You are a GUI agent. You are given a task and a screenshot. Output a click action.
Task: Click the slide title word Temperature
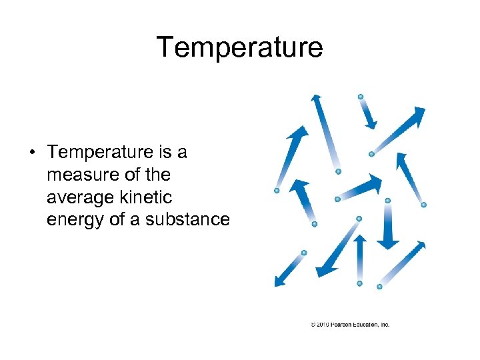[x=240, y=47]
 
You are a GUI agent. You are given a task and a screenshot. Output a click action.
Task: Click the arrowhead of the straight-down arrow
[x=388, y=242]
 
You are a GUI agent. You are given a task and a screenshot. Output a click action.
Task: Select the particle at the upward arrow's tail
[x=359, y=283]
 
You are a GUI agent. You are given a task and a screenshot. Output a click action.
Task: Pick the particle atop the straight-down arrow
[x=388, y=200]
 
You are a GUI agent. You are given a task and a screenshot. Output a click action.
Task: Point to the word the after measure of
[x=157, y=175]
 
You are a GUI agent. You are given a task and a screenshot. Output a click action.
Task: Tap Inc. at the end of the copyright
[x=385, y=325]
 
